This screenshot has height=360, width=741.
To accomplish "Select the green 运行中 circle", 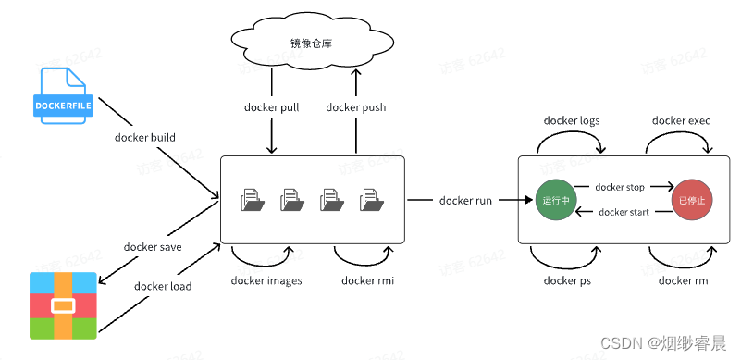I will pos(554,199).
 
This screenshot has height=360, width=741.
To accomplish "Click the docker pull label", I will pos(270,107).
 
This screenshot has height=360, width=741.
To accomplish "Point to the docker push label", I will pos(356,107).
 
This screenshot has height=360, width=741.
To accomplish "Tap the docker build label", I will pos(144,138).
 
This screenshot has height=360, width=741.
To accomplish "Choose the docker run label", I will pos(464,199).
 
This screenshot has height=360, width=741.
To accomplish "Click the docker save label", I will pos(153,247).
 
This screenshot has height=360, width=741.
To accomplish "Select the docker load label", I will pos(163,286).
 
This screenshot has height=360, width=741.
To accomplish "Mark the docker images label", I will pos(266,280).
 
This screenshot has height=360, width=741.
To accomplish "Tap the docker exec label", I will pos(682,120).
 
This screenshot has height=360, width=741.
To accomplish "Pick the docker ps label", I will pos(566,280).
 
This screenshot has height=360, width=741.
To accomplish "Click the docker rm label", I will pos(683,280).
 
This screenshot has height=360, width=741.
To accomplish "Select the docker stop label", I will pos(620,187).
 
